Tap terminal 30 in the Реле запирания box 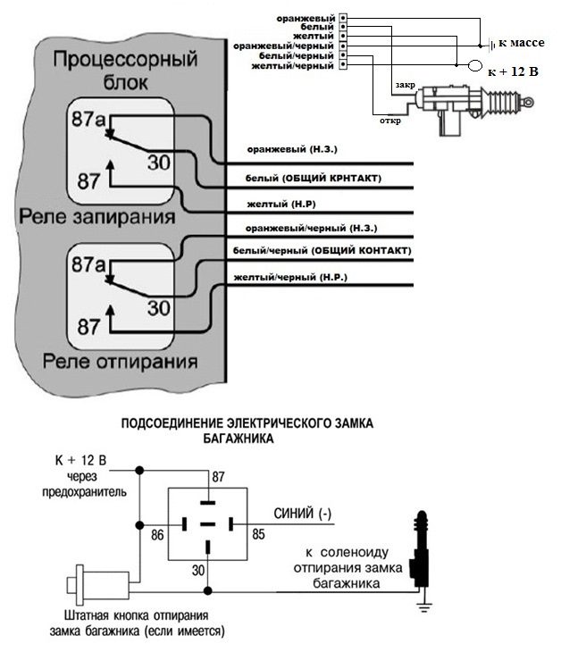coord(158,163)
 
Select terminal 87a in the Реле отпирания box coord(88,265)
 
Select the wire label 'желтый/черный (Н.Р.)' coord(290,279)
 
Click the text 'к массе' coord(522,42)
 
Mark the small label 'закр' coord(404,87)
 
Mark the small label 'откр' coord(389,121)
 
